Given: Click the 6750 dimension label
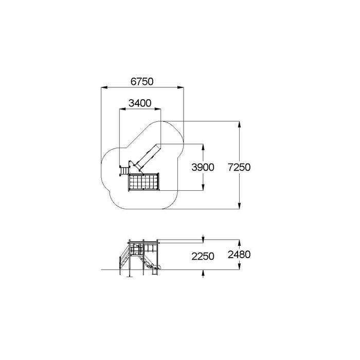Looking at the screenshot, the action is (142, 81).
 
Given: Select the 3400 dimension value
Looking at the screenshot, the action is (140, 103).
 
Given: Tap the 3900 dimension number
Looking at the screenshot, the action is (203, 167).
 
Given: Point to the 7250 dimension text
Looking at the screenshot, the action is (239, 167).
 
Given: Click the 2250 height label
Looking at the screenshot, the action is (203, 256).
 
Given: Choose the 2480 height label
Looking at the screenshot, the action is (239, 255).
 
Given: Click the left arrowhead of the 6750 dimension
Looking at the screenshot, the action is (104, 87).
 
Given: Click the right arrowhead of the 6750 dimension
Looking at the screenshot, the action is (181, 87).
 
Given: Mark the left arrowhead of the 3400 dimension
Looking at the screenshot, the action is (122, 109).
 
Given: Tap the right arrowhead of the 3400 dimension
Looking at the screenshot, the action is (158, 109).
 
